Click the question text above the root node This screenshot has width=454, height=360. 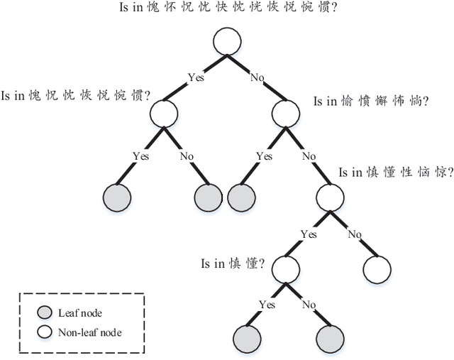tap(229, 9)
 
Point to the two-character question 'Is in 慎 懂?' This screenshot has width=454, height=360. tap(233, 264)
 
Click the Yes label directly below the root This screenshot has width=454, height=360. tap(196, 76)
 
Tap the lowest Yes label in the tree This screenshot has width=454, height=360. tap(267, 304)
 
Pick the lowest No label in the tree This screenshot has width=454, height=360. tap(309, 304)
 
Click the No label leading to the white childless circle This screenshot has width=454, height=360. tap(354, 234)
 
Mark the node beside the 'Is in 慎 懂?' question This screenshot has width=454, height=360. tap(287, 269)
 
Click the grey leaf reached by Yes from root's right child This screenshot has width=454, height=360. tap(241, 197)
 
